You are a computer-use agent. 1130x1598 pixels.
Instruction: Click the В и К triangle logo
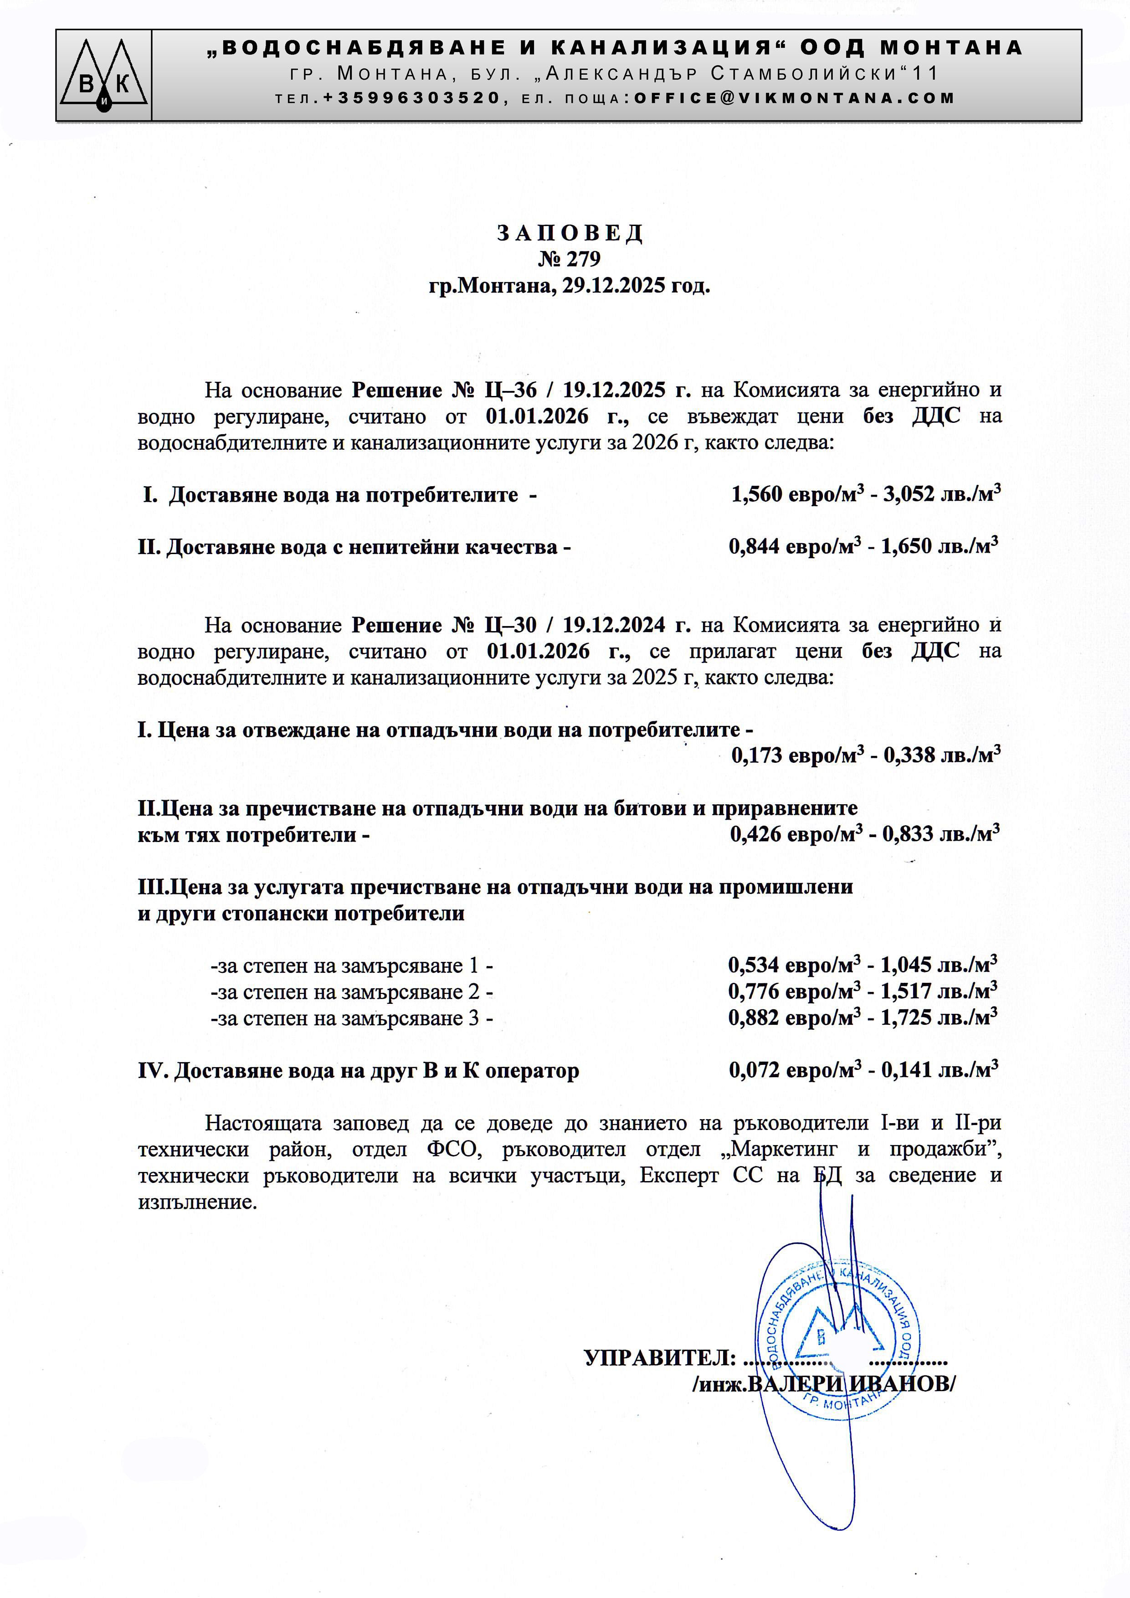pyautogui.click(x=104, y=76)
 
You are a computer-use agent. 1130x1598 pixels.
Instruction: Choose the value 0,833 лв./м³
pyautogui.click(x=941, y=834)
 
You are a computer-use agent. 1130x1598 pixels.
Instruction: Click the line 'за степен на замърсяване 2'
pyautogui.click(x=351, y=992)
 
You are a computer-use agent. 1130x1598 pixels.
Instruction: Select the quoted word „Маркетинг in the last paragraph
pyautogui.click(x=779, y=1149)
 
